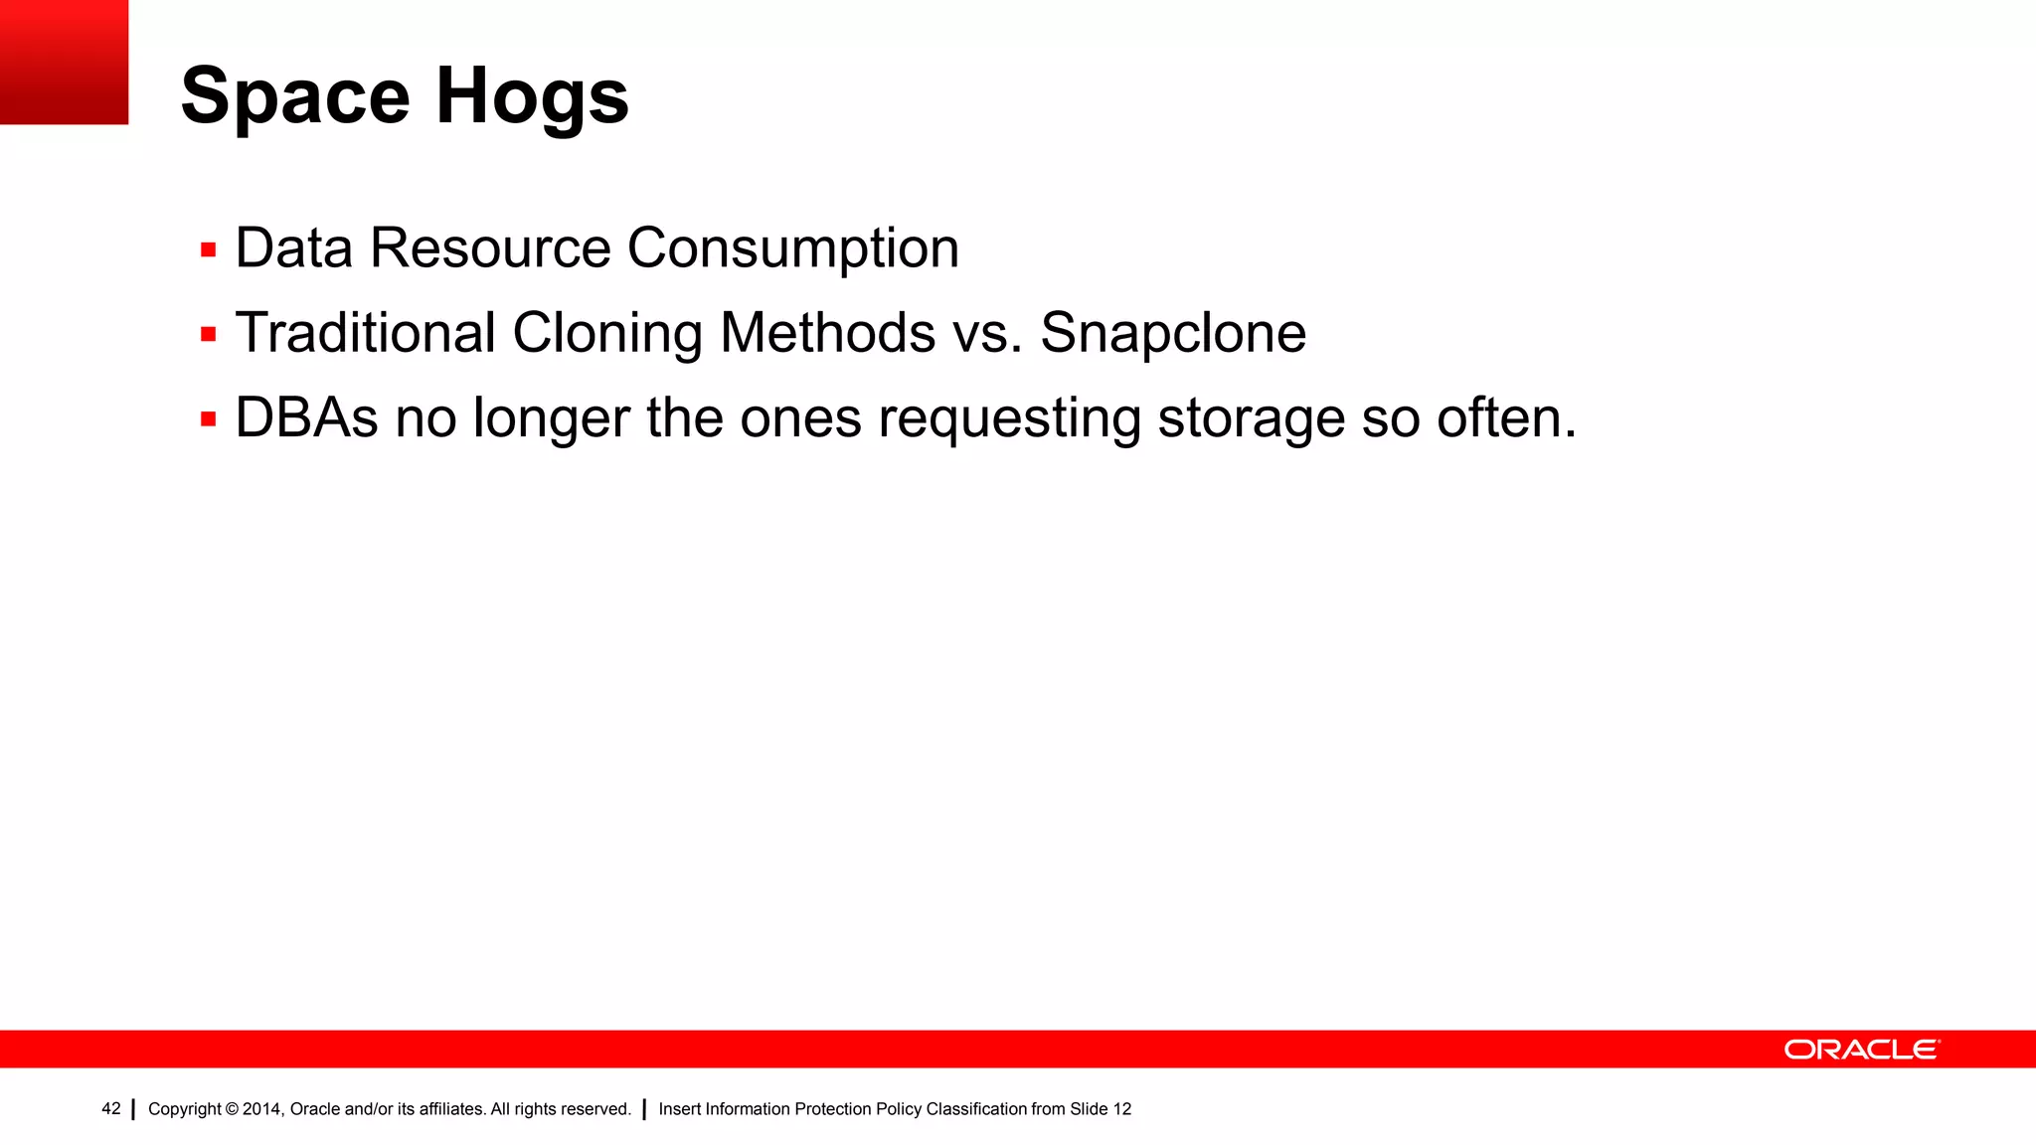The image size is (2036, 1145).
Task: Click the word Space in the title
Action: coord(295,97)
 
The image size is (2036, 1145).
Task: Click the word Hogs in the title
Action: coord(532,97)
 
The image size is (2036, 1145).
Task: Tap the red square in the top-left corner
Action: coord(64,62)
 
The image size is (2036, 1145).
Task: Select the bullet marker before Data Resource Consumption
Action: coord(208,249)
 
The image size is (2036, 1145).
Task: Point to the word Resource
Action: coord(490,247)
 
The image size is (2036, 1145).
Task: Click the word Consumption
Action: coord(793,249)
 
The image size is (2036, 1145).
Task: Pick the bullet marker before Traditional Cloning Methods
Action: coord(208,334)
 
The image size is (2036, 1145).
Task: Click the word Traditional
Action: coord(365,332)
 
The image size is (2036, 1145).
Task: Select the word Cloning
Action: coord(607,334)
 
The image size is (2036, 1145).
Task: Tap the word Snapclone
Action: coord(1173,334)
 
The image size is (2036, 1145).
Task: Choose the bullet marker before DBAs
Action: coord(208,419)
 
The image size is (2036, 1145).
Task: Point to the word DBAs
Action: coord(306,417)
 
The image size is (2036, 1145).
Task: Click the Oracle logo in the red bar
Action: coord(1861,1050)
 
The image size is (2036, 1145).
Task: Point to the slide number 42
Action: coord(111,1108)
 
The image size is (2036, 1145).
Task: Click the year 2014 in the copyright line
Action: coord(262,1109)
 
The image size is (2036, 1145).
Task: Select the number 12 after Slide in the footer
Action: coord(1121,1109)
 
